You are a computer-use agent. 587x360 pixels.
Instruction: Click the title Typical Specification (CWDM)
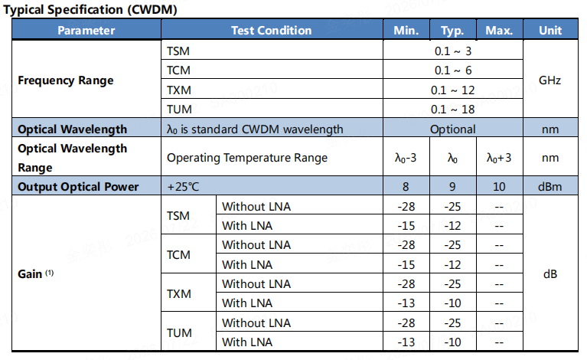(x=90, y=9)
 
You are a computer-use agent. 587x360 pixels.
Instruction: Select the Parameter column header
(x=86, y=31)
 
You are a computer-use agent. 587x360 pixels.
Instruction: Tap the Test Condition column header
(x=272, y=31)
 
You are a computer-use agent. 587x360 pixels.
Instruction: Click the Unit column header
(x=550, y=31)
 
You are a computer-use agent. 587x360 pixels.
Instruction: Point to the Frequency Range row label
(x=66, y=80)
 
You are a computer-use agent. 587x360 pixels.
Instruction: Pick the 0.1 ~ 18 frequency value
(x=452, y=110)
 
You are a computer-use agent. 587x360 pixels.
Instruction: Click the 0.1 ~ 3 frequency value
(x=452, y=51)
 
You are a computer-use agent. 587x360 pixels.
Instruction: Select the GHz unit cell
(x=549, y=80)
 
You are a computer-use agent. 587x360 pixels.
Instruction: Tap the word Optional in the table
(x=452, y=129)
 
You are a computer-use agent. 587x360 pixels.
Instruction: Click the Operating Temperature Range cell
(x=247, y=158)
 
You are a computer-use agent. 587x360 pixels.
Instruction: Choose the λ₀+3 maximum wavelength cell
(x=499, y=158)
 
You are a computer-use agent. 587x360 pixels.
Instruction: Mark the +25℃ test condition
(x=183, y=187)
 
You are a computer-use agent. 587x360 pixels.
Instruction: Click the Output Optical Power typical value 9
(x=452, y=187)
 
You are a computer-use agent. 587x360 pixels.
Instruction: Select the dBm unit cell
(x=550, y=187)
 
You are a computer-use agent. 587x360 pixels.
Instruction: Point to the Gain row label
(x=35, y=274)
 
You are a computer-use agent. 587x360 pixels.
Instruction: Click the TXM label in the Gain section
(x=179, y=293)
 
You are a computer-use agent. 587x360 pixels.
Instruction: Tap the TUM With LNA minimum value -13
(x=406, y=342)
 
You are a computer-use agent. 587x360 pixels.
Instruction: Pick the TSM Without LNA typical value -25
(x=452, y=206)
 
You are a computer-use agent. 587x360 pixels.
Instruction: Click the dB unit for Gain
(x=550, y=274)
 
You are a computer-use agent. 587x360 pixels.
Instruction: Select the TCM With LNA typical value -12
(x=452, y=265)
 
